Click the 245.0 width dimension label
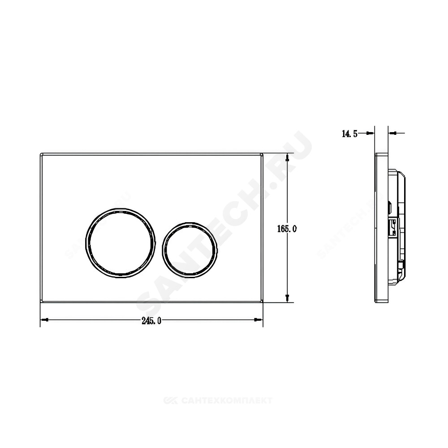(151, 321)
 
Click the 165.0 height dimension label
(287, 228)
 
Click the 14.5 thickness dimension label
(350, 134)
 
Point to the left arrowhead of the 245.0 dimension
(44, 320)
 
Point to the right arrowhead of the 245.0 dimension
(259, 320)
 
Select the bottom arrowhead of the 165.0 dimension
(288, 298)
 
